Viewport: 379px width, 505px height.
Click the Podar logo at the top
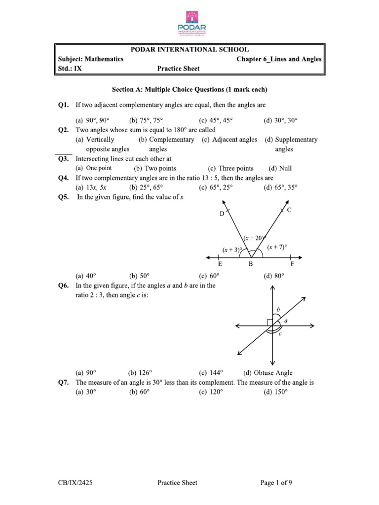coord(189,22)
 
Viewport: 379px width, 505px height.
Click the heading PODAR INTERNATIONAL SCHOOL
coord(189,49)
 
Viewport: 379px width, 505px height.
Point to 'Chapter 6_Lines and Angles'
coord(279,59)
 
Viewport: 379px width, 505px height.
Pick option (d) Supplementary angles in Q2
coord(291,144)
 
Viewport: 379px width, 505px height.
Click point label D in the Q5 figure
coord(222,214)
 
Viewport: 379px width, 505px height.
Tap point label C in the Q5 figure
coord(289,210)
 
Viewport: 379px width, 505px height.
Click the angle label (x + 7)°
coord(277,247)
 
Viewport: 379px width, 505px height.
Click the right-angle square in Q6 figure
coord(269,323)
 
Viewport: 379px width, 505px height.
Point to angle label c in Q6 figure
coord(280,334)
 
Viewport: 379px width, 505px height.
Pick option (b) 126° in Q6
coord(140,373)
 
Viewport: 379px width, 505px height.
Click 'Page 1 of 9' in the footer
coord(279,483)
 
